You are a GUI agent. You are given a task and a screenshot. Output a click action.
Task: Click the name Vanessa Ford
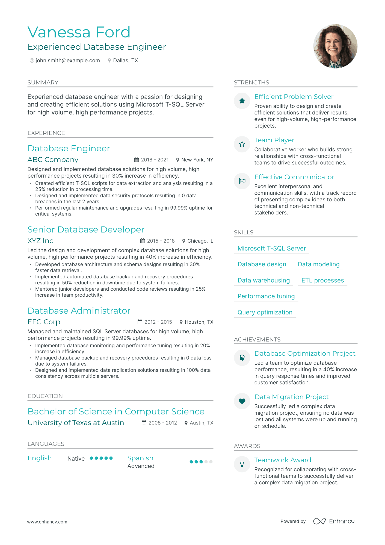tap(79, 32)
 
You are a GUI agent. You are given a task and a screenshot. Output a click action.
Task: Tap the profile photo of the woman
tap(335, 46)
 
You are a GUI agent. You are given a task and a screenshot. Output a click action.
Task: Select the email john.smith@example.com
tap(67, 61)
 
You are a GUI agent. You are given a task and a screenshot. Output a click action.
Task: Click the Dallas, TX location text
tap(125, 61)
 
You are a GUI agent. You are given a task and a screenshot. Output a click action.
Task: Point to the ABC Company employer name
tap(53, 160)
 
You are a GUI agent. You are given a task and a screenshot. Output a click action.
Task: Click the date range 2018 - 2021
tap(155, 160)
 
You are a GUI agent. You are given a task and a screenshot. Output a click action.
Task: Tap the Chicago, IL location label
tap(200, 241)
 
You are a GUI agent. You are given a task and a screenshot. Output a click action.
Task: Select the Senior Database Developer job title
tap(86, 229)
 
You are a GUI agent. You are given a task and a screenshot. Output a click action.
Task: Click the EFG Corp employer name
tap(44, 322)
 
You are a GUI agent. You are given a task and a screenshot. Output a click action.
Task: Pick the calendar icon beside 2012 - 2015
tap(140, 322)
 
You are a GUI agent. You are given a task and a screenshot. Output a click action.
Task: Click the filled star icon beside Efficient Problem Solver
tap(242, 101)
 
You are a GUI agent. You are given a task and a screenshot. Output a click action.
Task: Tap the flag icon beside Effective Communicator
tap(242, 181)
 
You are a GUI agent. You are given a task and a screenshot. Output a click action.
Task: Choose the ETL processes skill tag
tap(322, 280)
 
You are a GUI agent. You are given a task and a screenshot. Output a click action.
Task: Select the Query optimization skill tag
tap(265, 312)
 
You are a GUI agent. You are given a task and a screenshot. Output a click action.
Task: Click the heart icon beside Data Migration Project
tap(242, 401)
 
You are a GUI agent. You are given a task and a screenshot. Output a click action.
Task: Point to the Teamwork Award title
tap(283, 460)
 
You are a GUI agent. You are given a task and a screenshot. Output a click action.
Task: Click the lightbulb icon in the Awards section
tap(242, 464)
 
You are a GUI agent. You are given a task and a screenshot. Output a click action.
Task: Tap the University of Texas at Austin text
tap(76, 423)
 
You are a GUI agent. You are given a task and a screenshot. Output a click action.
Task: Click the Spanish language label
tap(140, 458)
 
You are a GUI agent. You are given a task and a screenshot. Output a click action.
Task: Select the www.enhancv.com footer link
tap(47, 522)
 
